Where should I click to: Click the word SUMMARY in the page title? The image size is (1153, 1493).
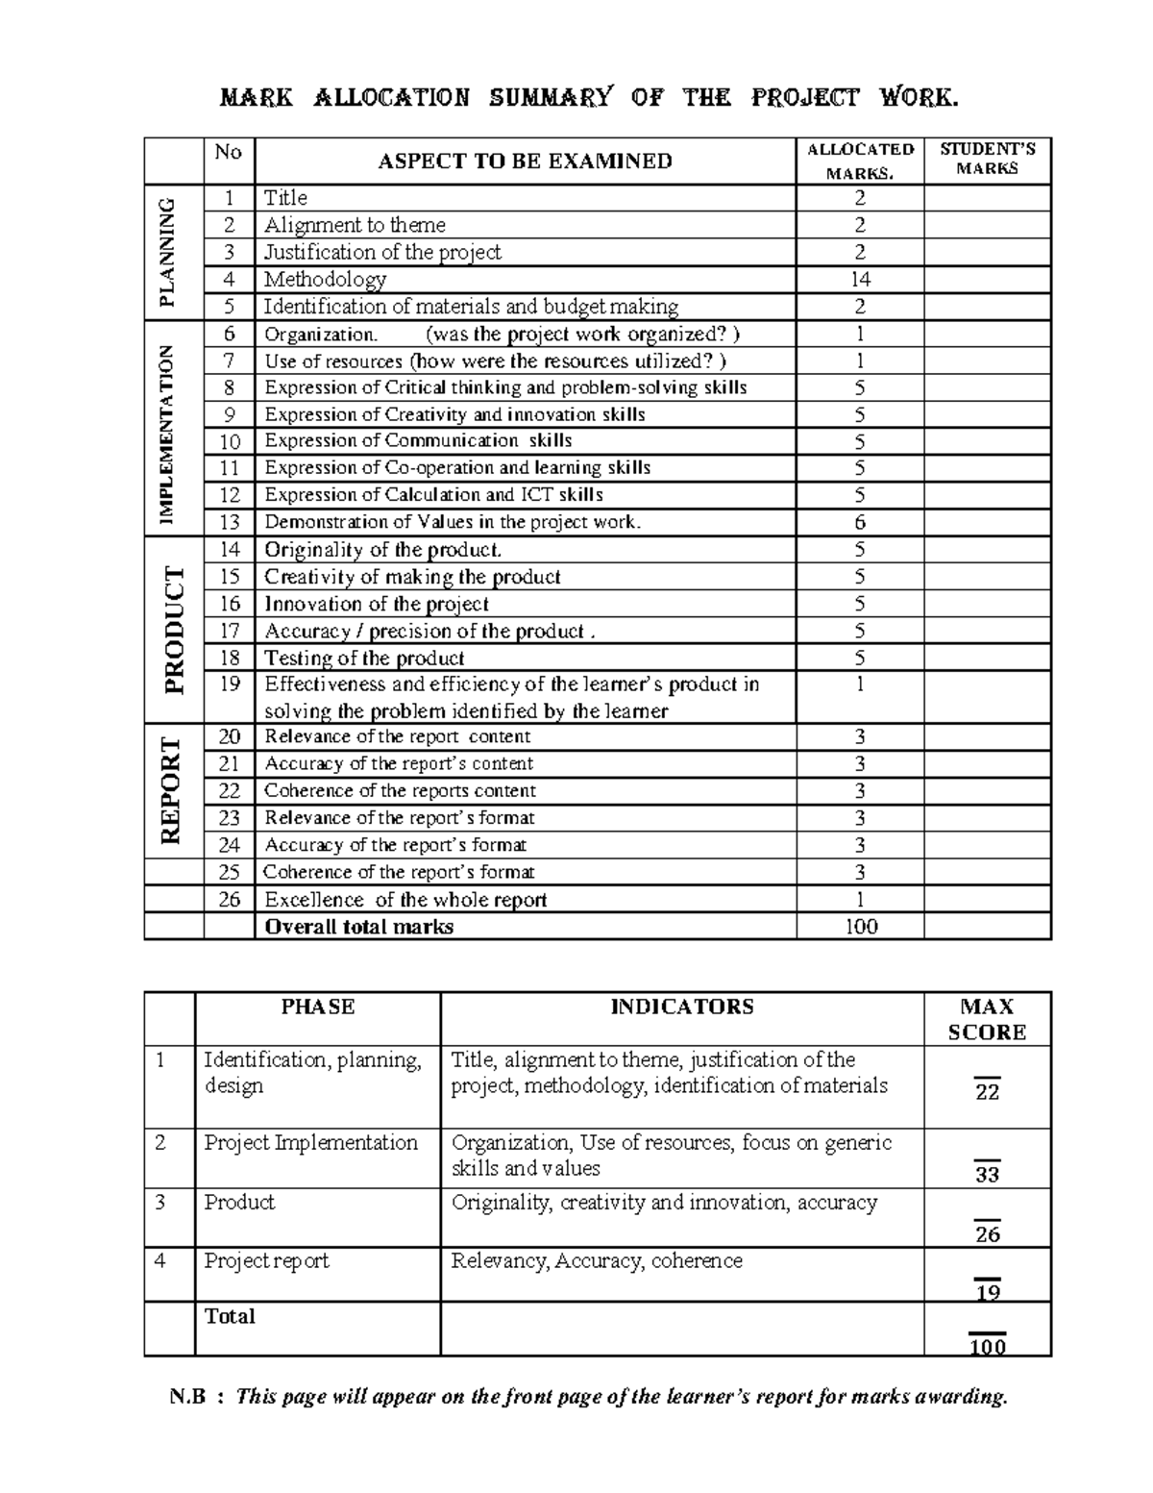(550, 98)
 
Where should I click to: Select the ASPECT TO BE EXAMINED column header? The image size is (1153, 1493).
(525, 162)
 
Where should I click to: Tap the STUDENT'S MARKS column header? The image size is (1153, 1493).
(987, 159)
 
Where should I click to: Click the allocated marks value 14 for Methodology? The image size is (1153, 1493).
(860, 280)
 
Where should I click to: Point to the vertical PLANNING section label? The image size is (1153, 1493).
(169, 252)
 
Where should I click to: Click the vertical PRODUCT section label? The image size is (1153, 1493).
(173, 630)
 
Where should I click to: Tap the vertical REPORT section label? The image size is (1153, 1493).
(171, 791)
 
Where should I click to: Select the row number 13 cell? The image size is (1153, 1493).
(229, 522)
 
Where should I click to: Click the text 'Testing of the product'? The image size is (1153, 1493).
(364, 659)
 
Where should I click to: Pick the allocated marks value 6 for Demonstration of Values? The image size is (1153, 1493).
(860, 522)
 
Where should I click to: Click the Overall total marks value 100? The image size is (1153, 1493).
(860, 927)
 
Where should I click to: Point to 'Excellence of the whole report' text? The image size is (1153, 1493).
(405, 900)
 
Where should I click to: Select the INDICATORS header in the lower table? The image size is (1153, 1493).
(682, 1007)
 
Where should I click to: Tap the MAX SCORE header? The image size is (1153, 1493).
(987, 1019)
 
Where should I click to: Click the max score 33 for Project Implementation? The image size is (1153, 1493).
(987, 1174)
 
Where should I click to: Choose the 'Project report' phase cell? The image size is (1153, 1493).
(266, 1260)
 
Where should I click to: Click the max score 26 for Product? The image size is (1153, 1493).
(987, 1233)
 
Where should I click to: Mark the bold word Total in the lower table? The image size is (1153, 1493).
(230, 1316)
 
